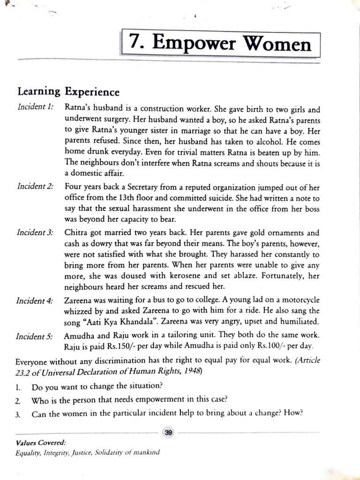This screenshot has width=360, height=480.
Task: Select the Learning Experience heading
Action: pyautogui.click(x=68, y=91)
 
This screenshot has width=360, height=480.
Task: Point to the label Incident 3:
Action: pyautogui.click(x=35, y=233)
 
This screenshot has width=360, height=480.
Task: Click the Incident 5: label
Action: pyautogui.click(x=35, y=337)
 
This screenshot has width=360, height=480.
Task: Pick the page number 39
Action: pyautogui.click(x=168, y=433)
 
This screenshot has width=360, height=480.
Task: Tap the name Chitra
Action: pyautogui.click(x=75, y=233)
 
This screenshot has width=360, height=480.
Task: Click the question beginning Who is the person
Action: pyautogui.click(x=129, y=400)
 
